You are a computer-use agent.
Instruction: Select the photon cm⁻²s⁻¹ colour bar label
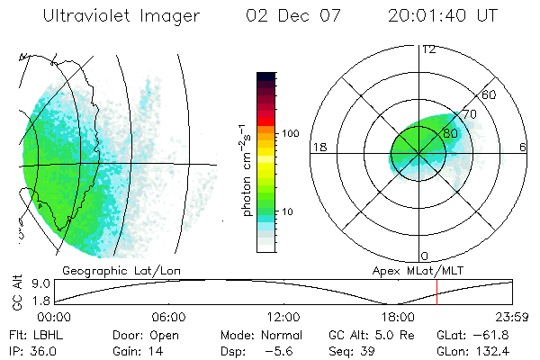coord(247,162)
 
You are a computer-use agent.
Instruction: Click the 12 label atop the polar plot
coord(428,49)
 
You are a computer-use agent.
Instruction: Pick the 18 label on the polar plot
coord(318,147)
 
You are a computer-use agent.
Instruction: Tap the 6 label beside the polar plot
coord(523,147)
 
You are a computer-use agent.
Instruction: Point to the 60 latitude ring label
coord(489,94)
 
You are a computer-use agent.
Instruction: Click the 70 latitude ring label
coord(469,114)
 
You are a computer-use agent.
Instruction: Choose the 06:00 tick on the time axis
coord(168,318)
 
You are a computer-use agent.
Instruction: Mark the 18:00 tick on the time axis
coord(398,318)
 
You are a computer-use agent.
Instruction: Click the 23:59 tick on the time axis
coord(513,318)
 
